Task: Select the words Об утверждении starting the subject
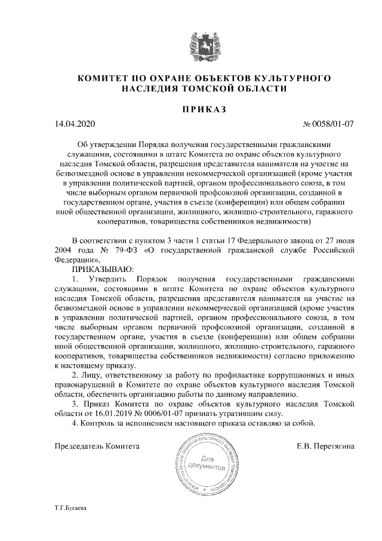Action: click(x=107, y=144)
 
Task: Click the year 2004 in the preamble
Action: click(x=66, y=250)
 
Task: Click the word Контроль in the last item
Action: click(x=98, y=423)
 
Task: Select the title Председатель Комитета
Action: click(x=97, y=446)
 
